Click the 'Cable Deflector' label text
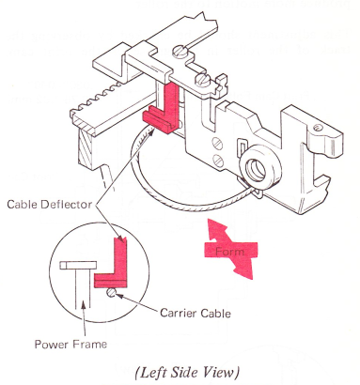(50, 205)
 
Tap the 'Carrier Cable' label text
(196, 313)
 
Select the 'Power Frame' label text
(70, 345)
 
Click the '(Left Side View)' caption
(188, 373)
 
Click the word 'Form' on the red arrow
(229, 252)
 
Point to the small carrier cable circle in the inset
(112, 293)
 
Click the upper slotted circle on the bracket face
(218, 144)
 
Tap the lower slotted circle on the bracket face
(219, 161)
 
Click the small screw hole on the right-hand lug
(318, 128)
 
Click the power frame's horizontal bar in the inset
(78, 266)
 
